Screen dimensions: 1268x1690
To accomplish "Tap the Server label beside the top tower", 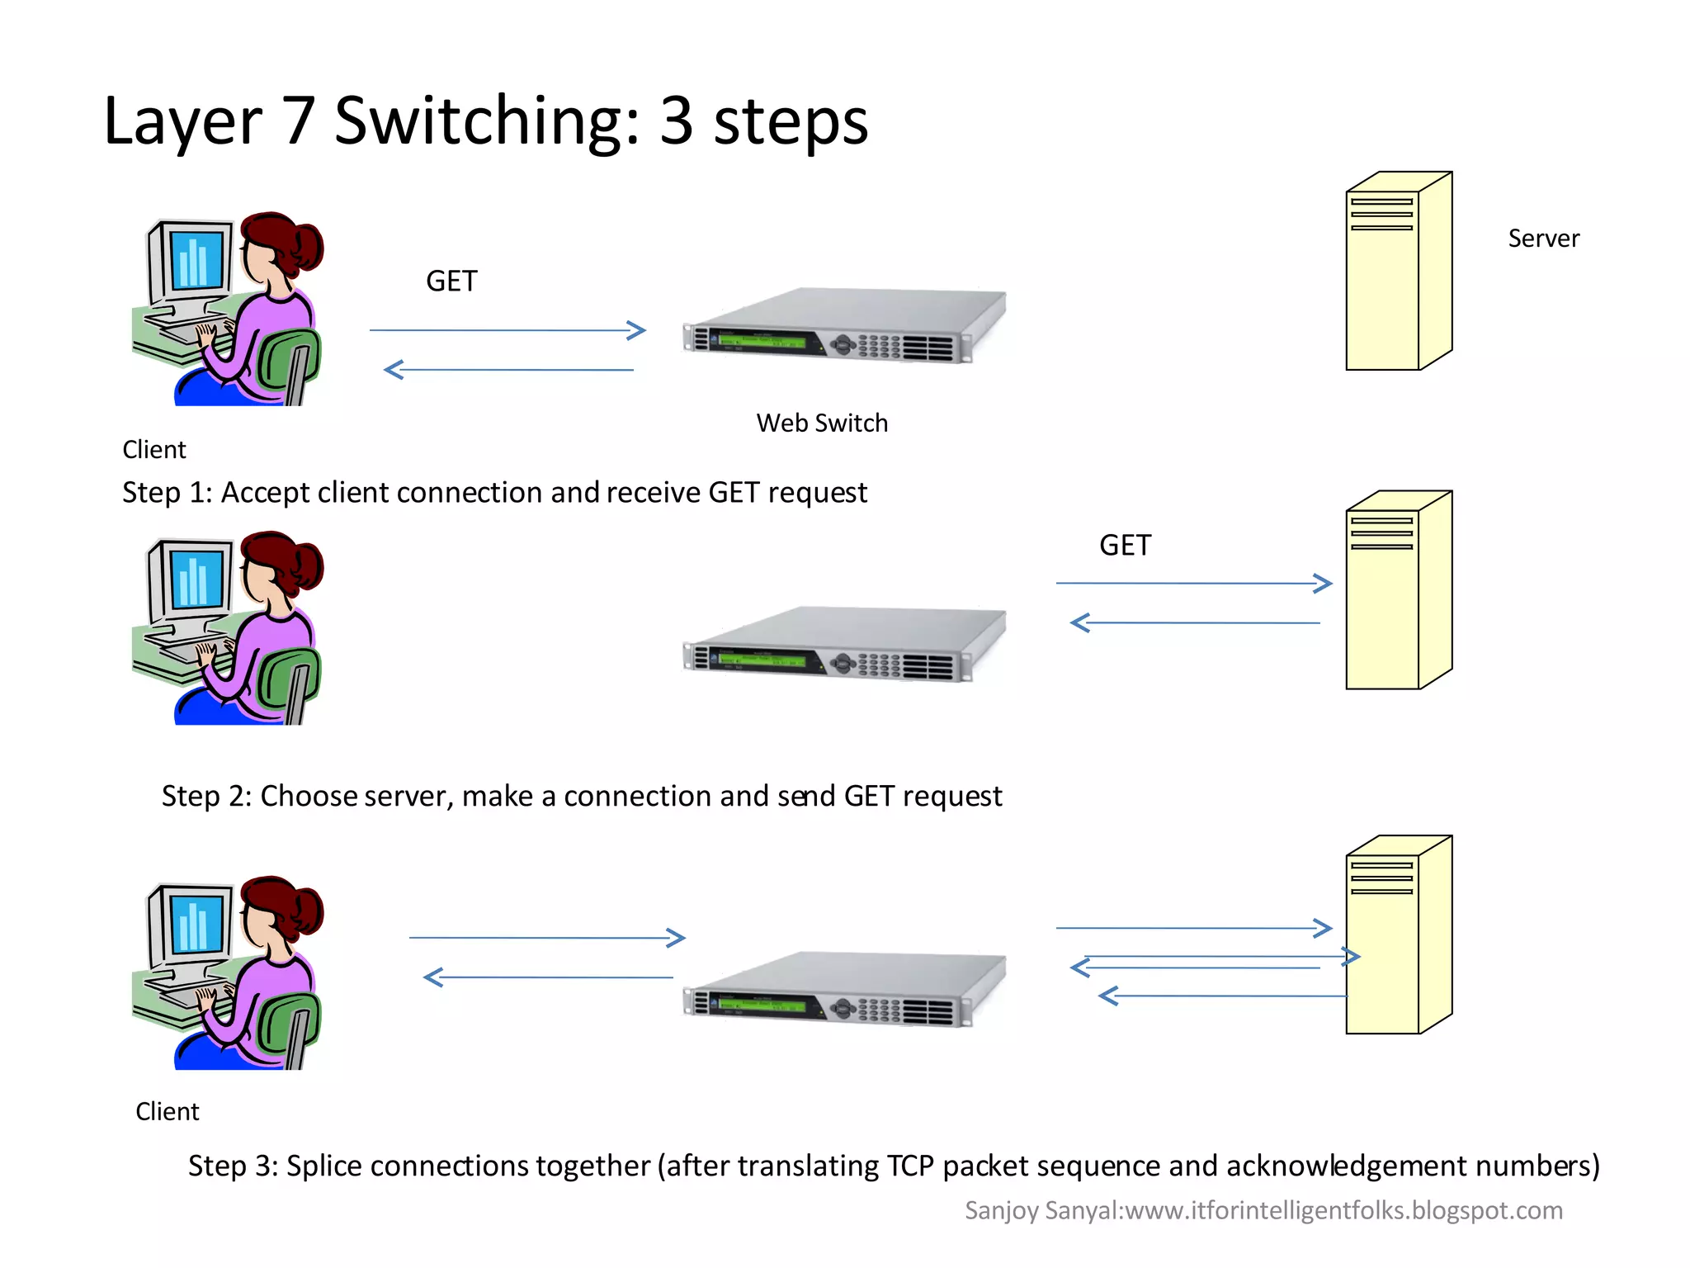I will click(x=1543, y=239).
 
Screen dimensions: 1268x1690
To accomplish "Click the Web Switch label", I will click(x=822, y=423).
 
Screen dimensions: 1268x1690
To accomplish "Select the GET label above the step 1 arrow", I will click(x=451, y=282).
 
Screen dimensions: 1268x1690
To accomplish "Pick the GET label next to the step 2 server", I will click(x=1125, y=546).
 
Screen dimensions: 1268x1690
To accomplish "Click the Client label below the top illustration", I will click(x=154, y=450).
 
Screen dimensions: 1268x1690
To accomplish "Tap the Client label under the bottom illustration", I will click(x=168, y=1112).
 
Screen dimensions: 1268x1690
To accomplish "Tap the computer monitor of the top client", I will click(x=195, y=259).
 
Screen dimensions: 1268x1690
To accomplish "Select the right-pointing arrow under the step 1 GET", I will click(x=507, y=330).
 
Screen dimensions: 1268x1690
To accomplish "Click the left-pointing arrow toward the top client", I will click(x=508, y=370).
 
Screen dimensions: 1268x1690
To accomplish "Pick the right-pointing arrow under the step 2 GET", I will click(x=1193, y=584).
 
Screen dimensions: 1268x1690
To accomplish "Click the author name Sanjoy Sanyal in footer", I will click(x=1042, y=1210).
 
